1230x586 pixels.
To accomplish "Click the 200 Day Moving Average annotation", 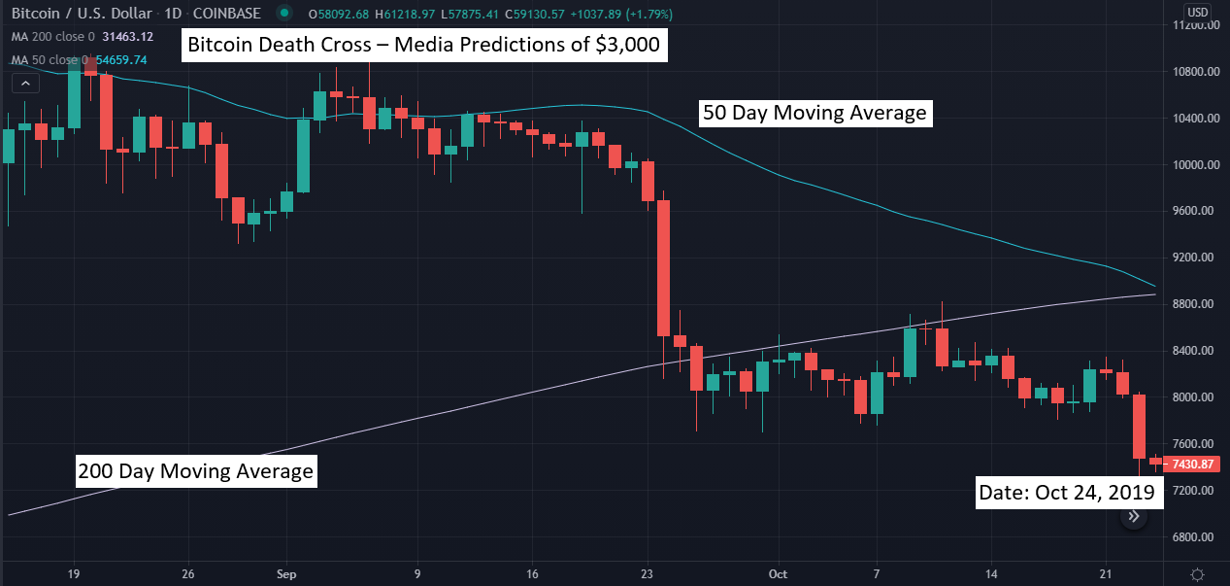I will click(196, 471).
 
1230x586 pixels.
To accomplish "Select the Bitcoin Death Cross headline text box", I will click(424, 46).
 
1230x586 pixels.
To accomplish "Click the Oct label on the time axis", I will click(777, 573).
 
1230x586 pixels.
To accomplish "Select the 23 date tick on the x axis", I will click(646, 573).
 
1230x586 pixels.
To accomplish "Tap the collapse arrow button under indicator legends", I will click(25, 84).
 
